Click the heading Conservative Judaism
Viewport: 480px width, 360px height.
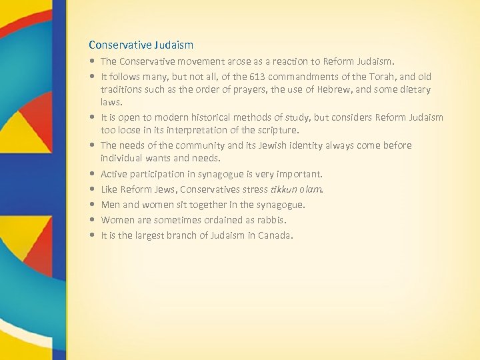[x=141, y=45]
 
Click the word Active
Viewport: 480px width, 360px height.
[x=113, y=174]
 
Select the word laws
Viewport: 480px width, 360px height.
[x=111, y=102]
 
